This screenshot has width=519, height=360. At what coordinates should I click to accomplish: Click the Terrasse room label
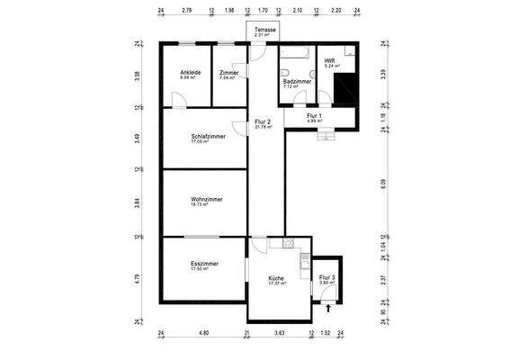264,30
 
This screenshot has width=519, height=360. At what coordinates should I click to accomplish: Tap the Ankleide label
190,72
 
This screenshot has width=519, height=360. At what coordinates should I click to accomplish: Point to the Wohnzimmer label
206,199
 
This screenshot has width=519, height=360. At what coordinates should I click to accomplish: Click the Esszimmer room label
204,264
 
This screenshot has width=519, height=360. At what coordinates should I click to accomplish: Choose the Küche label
276,278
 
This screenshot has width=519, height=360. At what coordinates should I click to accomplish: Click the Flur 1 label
314,115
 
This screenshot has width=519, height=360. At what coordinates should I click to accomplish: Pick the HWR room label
329,61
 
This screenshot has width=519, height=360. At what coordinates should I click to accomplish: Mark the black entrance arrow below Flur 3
328,308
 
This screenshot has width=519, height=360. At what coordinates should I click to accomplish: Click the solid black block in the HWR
345,90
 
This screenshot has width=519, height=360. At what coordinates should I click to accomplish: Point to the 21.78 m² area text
263,127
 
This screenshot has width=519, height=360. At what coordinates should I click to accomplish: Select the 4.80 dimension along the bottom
204,333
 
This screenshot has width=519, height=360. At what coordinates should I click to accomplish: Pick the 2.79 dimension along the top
187,11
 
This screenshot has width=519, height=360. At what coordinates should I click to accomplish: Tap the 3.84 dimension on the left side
138,202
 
